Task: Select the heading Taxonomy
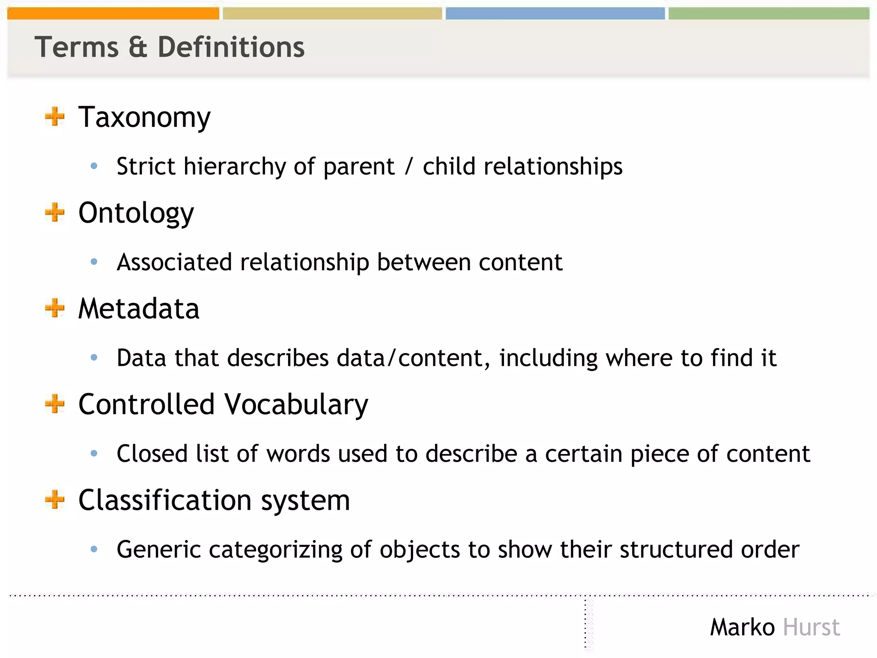pyautogui.click(x=144, y=117)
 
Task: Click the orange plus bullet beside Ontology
pyautogui.click(x=55, y=212)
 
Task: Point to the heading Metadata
pyautogui.click(x=139, y=308)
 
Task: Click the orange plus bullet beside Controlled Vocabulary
pyautogui.click(x=55, y=404)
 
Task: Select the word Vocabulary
pyautogui.click(x=296, y=405)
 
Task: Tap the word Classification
pyautogui.click(x=165, y=500)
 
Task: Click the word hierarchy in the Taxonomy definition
pyautogui.click(x=235, y=167)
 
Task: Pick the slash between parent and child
pyautogui.click(x=409, y=167)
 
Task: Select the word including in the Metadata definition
pyautogui.click(x=548, y=358)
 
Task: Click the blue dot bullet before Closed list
pyautogui.click(x=94, y=453)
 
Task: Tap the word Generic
pyautogui.click(x=158, y=549)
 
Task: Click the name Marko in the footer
pyautogui.click(x=742, y=628)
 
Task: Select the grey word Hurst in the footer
pyautogui.click(x=811, y=628)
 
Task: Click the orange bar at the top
pyautogui.click(x=113, y=13)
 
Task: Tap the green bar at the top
pyautogui.click(x=769, y=13)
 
